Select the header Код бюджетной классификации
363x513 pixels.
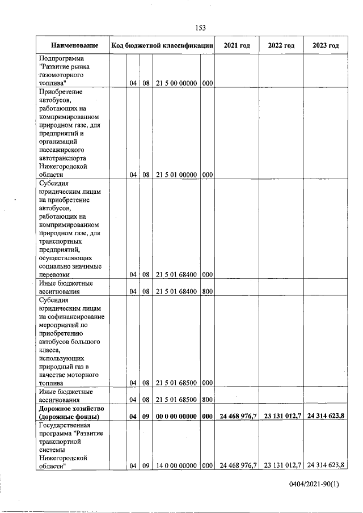162,45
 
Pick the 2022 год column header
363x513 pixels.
281,45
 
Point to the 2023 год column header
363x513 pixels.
326,45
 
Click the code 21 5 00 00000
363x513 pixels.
176,83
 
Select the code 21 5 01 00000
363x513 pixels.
176,175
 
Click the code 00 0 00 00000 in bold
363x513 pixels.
176,416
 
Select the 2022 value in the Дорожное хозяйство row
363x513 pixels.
281,416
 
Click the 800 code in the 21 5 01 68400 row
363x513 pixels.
207,291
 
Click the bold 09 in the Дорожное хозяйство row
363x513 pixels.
145,416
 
